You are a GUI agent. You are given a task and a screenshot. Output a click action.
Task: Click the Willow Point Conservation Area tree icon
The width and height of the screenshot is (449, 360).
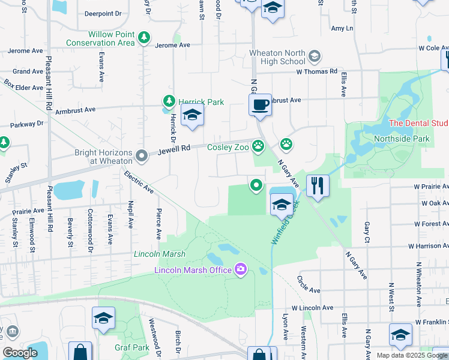(x=143, y=38)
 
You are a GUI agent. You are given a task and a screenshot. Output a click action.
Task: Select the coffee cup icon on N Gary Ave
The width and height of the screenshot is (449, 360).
(x=260, y=104)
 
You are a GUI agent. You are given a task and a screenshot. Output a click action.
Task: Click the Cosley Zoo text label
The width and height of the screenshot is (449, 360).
(x=228, y=147)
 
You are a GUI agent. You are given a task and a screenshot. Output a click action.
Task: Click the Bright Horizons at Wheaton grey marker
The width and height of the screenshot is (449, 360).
(x=142, y=157)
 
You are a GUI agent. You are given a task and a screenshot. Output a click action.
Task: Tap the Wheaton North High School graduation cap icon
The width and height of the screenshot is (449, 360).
(x=314, y=57)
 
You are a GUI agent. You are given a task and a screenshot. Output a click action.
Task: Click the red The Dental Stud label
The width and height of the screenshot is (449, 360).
(x=418, y=123)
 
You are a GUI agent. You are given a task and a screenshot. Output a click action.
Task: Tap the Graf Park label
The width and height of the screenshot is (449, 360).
(x=132, y=347)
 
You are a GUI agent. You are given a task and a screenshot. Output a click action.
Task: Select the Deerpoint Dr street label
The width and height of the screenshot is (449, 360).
(x=103, y=13)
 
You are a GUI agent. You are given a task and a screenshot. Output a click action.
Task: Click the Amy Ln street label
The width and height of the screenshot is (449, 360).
(x=342, y=28)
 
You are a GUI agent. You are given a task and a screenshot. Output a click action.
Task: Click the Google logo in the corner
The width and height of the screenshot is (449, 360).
(x=20, y=353)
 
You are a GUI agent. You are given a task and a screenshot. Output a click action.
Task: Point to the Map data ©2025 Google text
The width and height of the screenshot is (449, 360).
(x=412, y=355)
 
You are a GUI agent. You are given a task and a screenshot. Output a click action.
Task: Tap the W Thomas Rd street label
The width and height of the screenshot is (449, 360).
(x=316, y=71)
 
